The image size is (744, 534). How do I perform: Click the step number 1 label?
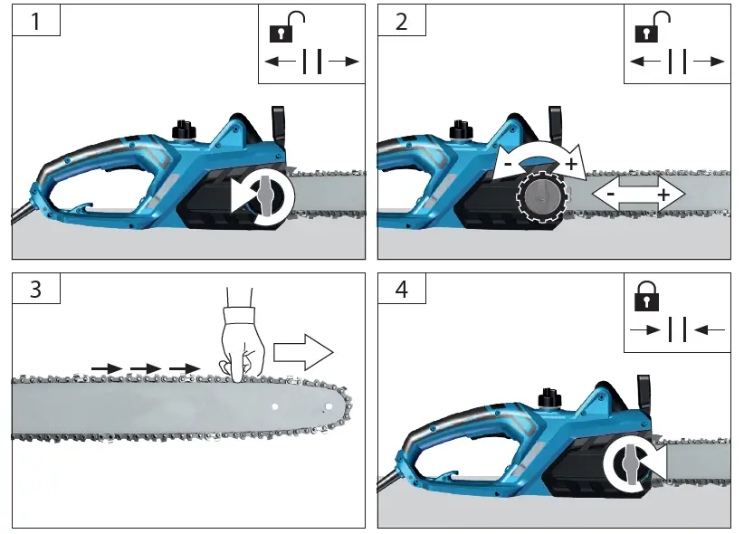[35, 20]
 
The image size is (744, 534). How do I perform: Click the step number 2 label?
[401, 20]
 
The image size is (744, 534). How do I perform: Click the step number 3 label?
[35, 290]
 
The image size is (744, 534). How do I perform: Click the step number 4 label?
[401, 290]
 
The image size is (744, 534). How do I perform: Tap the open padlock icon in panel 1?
[283, 29]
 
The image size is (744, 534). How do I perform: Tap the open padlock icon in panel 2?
[650, 29]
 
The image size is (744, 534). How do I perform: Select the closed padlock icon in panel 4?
[648, 297]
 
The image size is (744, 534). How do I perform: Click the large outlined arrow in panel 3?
[303, 351]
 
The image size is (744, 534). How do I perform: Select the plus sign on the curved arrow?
[571, 164]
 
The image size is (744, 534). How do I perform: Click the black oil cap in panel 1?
[184, 129]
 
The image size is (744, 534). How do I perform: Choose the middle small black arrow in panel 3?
[145, 368]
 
